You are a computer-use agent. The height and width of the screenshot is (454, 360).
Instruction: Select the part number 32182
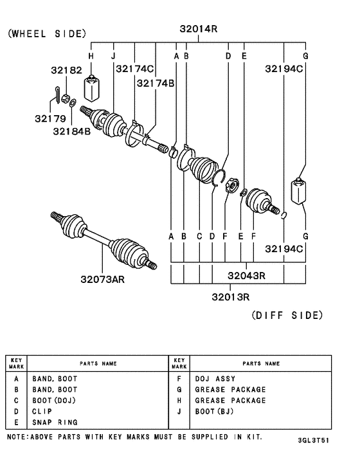(67, 69)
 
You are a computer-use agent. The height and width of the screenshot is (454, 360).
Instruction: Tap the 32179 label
(50, 118)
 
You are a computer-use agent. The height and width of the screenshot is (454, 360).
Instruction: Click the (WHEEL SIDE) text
(46, 33)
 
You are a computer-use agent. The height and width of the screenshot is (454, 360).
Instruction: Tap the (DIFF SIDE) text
(286, 315)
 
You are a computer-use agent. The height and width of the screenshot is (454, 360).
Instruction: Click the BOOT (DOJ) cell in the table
(55, 401)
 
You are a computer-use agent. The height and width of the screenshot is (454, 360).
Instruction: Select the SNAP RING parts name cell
(55, 422)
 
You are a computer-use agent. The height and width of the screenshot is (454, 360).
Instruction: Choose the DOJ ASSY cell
(215, 379)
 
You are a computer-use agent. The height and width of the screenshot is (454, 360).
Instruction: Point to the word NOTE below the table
(16, 437)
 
